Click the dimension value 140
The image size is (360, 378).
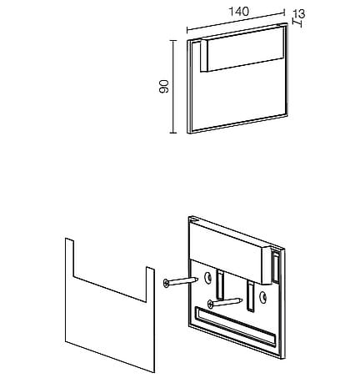click(x=239, y=11)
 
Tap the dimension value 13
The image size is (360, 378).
click(x=299, y=13)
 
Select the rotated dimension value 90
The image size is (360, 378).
click(x=164, y=86)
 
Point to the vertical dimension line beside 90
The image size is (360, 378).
click(x=173, y=87)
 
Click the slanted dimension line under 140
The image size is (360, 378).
click(x=236, y=21)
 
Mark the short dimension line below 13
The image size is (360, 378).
click(x=297, y=23)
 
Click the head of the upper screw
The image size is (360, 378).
click(x=166, y=284)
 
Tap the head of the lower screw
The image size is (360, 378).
click(x=211, y=304)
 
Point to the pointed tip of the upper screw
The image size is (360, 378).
click(x=197, y=279)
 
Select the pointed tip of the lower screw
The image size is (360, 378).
click(x=242, y=300)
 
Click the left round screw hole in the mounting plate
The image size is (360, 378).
click(x=207, y=277)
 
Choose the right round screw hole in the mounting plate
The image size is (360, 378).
click(x=262, y=297)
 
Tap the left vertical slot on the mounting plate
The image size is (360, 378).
click(x=220, y=285)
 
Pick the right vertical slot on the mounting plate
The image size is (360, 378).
click(x=250, y=295)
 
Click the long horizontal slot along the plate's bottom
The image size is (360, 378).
click(x=235, y=326)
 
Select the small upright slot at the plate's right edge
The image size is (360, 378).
click(x=276, y=268)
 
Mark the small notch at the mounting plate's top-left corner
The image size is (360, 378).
click(x=194, y=219)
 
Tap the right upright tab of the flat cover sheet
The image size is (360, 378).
click(x=150, y=285)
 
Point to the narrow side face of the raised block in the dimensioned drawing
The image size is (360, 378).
click(x=204, y=56)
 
